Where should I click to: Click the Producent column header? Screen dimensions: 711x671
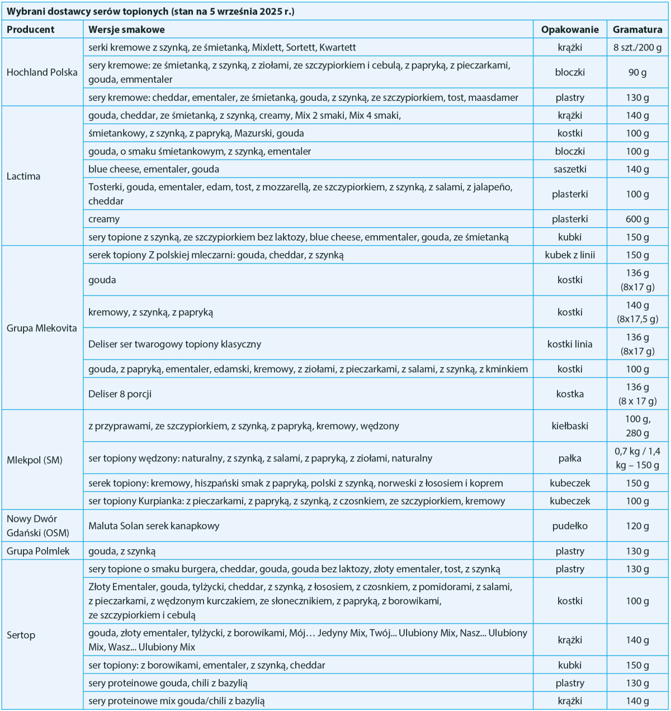tap(31, 30)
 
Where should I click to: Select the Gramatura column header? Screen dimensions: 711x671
tap(637, 30)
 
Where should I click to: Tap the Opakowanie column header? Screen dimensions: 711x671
tap(570, 30)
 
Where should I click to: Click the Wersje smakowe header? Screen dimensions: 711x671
tap(126, 30)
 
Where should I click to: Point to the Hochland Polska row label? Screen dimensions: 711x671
tap(42, 72)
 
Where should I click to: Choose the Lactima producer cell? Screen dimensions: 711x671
tap(23, 176)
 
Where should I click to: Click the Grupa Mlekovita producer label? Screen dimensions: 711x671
tap(42, 328)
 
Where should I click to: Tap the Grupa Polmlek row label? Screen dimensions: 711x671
tap(38, 551)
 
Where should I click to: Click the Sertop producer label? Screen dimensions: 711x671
tap(21, 635)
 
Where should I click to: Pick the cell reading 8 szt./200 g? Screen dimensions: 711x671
tap(637, 48)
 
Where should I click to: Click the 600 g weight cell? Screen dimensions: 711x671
tap(637, 219)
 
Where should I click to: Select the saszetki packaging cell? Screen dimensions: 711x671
tap(570, 169)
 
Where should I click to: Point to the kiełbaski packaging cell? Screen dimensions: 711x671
tap(570, 426)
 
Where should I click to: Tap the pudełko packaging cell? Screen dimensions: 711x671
tap(570, 526)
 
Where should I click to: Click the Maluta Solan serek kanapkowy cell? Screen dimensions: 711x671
tap(154, 526)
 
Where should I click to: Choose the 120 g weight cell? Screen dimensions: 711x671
tap(637, 526)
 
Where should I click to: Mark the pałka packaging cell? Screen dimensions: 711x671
tap(570, 458)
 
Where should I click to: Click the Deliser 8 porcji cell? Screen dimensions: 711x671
tap(120, 394)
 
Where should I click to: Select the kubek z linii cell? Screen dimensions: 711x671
tap(570, 255)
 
